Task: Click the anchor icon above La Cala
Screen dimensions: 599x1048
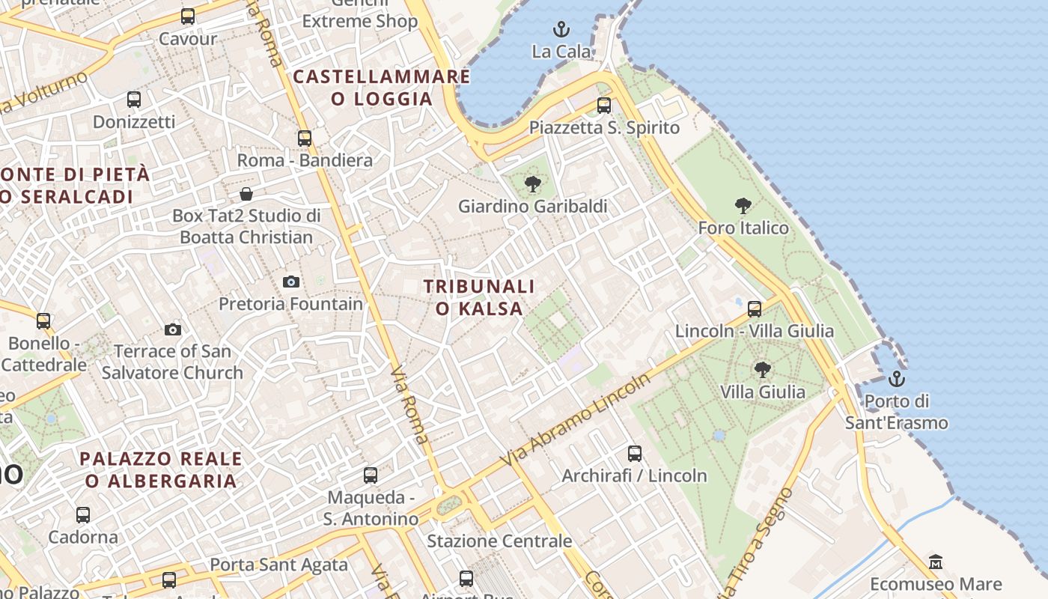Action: point(561,29)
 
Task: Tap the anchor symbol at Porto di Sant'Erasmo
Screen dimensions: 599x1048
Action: point(896,379)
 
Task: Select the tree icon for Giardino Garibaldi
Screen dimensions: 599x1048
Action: point(533,183)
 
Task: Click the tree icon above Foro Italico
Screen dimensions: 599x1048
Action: point(743,205)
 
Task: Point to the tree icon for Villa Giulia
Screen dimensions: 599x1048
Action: point(762,369)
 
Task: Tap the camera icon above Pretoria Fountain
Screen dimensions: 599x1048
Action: point(291,282)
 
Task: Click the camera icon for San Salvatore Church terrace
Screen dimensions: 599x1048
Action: point(172,329)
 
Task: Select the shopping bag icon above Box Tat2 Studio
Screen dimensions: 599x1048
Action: point(246,195)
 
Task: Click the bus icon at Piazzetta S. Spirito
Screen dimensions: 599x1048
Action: point(604,106)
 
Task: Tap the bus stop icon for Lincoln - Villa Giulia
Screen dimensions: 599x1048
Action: point(755,308)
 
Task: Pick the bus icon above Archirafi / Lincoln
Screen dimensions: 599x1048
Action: point(635,453)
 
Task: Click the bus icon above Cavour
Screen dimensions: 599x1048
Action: point(188,16)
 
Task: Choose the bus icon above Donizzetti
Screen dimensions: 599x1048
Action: point(134,99)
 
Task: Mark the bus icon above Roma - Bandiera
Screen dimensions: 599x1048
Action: point(304,138)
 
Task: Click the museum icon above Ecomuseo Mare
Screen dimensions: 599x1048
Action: point(935,562)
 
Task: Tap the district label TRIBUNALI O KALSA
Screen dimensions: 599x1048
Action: point(479,297)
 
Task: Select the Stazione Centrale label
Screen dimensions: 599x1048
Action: point(499,541)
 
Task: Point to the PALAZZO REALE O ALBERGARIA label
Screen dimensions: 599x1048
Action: point(161,469)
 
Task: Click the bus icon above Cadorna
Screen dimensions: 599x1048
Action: point(83,514)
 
